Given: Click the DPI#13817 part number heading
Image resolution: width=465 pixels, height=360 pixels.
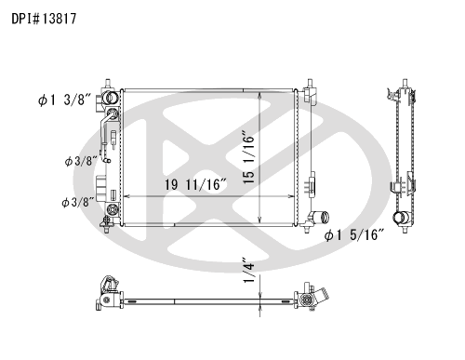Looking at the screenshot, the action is tap(44, 19).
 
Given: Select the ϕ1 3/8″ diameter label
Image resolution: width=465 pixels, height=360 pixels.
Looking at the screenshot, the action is tap(65, 100).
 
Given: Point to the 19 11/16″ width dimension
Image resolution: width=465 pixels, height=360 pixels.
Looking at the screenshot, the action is tap(195, 185).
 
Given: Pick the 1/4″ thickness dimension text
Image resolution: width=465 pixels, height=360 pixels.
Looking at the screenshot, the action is tap(249, 270).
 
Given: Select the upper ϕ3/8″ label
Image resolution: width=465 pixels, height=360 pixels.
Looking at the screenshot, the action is tap(81, 161).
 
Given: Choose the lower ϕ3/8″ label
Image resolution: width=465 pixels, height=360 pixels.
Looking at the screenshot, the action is tap(78, 203).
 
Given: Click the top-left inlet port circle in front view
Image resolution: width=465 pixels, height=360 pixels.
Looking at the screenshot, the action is tap(111, 98).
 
